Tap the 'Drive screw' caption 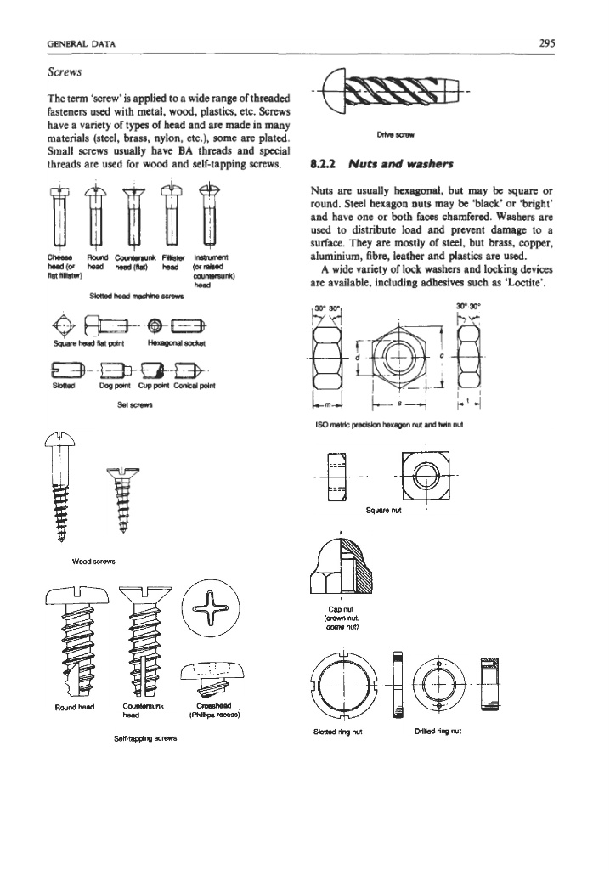click(x=389, y=132)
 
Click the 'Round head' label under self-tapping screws click(x=76, y=705)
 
